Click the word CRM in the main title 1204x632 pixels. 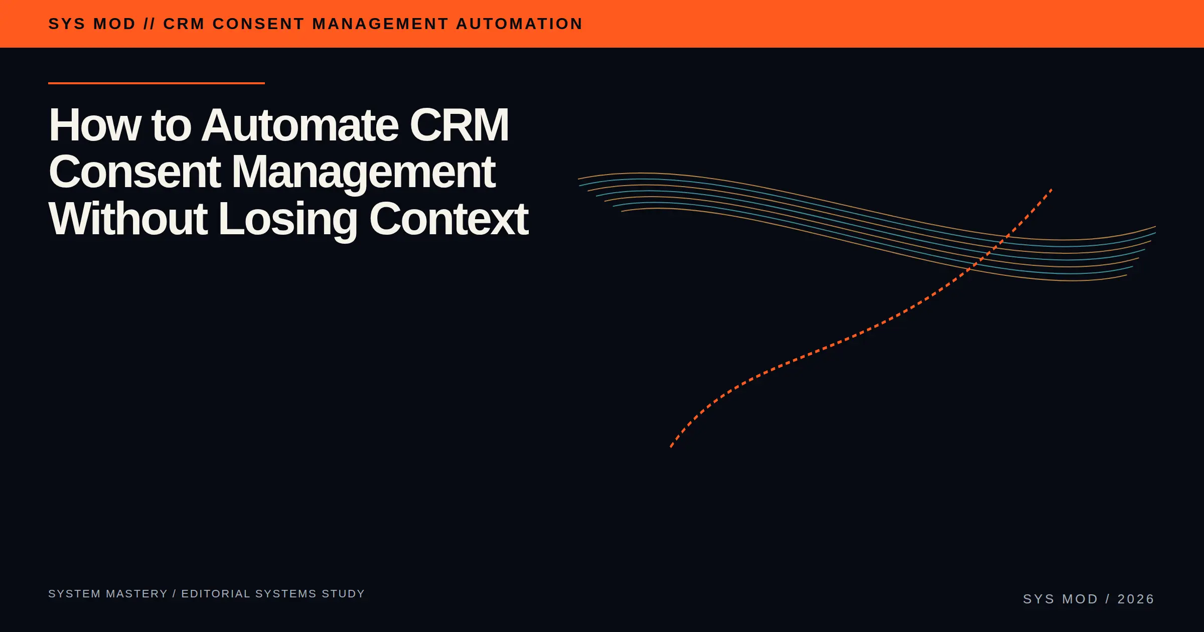pos(459,125)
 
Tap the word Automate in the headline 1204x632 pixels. pos(300,125)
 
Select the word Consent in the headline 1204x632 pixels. pos(135,172)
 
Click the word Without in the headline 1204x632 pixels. pos(128,219)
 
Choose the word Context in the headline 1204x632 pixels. pos(449,219)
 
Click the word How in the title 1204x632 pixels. pos(95,125)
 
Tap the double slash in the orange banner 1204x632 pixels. pos(149,24)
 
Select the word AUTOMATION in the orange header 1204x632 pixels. pos(519,24)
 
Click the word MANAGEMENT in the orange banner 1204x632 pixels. pos(380,24)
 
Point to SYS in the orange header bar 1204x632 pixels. pos(67,24)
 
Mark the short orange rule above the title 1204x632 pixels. pos(157,83)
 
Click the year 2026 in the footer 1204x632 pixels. pos(1136,599)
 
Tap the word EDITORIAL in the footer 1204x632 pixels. pos(216,594)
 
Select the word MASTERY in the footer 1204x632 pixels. pos(137,594)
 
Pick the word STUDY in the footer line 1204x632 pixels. pos(343,594)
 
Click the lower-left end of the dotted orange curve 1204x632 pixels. pos(671,446)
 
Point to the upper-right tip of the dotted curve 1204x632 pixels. pos(1051,190)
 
